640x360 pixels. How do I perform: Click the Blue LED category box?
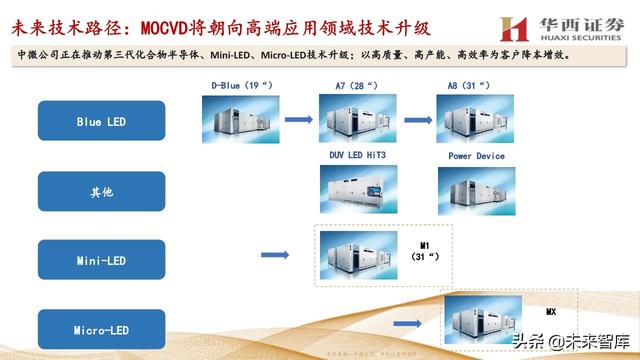pyautogui.click(x=101, y=121)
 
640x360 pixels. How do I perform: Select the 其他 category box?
pyautogui.click(x=101, y=191)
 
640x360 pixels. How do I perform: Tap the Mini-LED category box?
pyautogui.click(x=101, y=260)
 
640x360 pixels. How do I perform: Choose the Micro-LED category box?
pyautogui.click(x=101, y=329)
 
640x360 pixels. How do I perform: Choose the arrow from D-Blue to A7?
pyautogui.click(x=298, y=121)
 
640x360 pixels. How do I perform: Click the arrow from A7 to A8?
pyautogui.click(x=417, y=121)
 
